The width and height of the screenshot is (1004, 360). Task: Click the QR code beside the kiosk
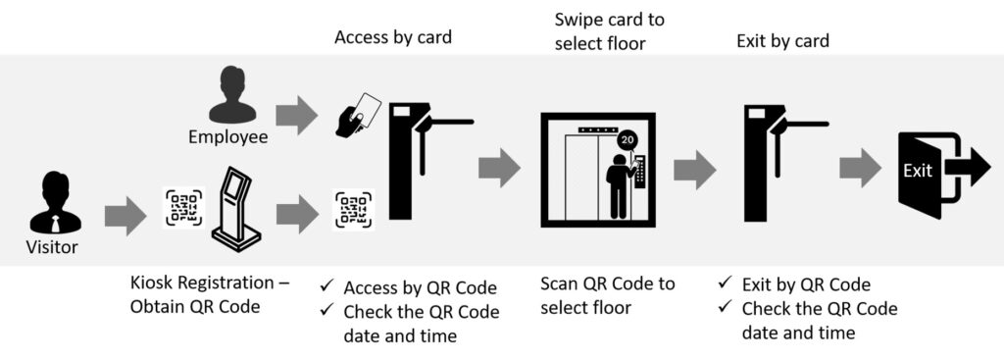(183, 207)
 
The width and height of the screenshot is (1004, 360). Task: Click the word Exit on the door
(918, 171)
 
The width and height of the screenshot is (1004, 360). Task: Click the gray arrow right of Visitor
(125, 216)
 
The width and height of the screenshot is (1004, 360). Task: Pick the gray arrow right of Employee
(296, 116)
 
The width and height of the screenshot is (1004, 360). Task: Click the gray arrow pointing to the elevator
(499, 168)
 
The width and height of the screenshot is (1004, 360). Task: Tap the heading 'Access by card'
(393, 37)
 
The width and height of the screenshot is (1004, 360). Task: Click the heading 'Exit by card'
(782, 41)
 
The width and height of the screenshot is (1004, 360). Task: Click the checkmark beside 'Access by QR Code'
(327, 285)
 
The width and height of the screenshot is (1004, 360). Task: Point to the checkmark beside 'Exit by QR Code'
(725, 283)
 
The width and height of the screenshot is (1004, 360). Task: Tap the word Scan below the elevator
(560, 283)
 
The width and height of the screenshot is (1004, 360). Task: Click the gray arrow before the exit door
(861, 168)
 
